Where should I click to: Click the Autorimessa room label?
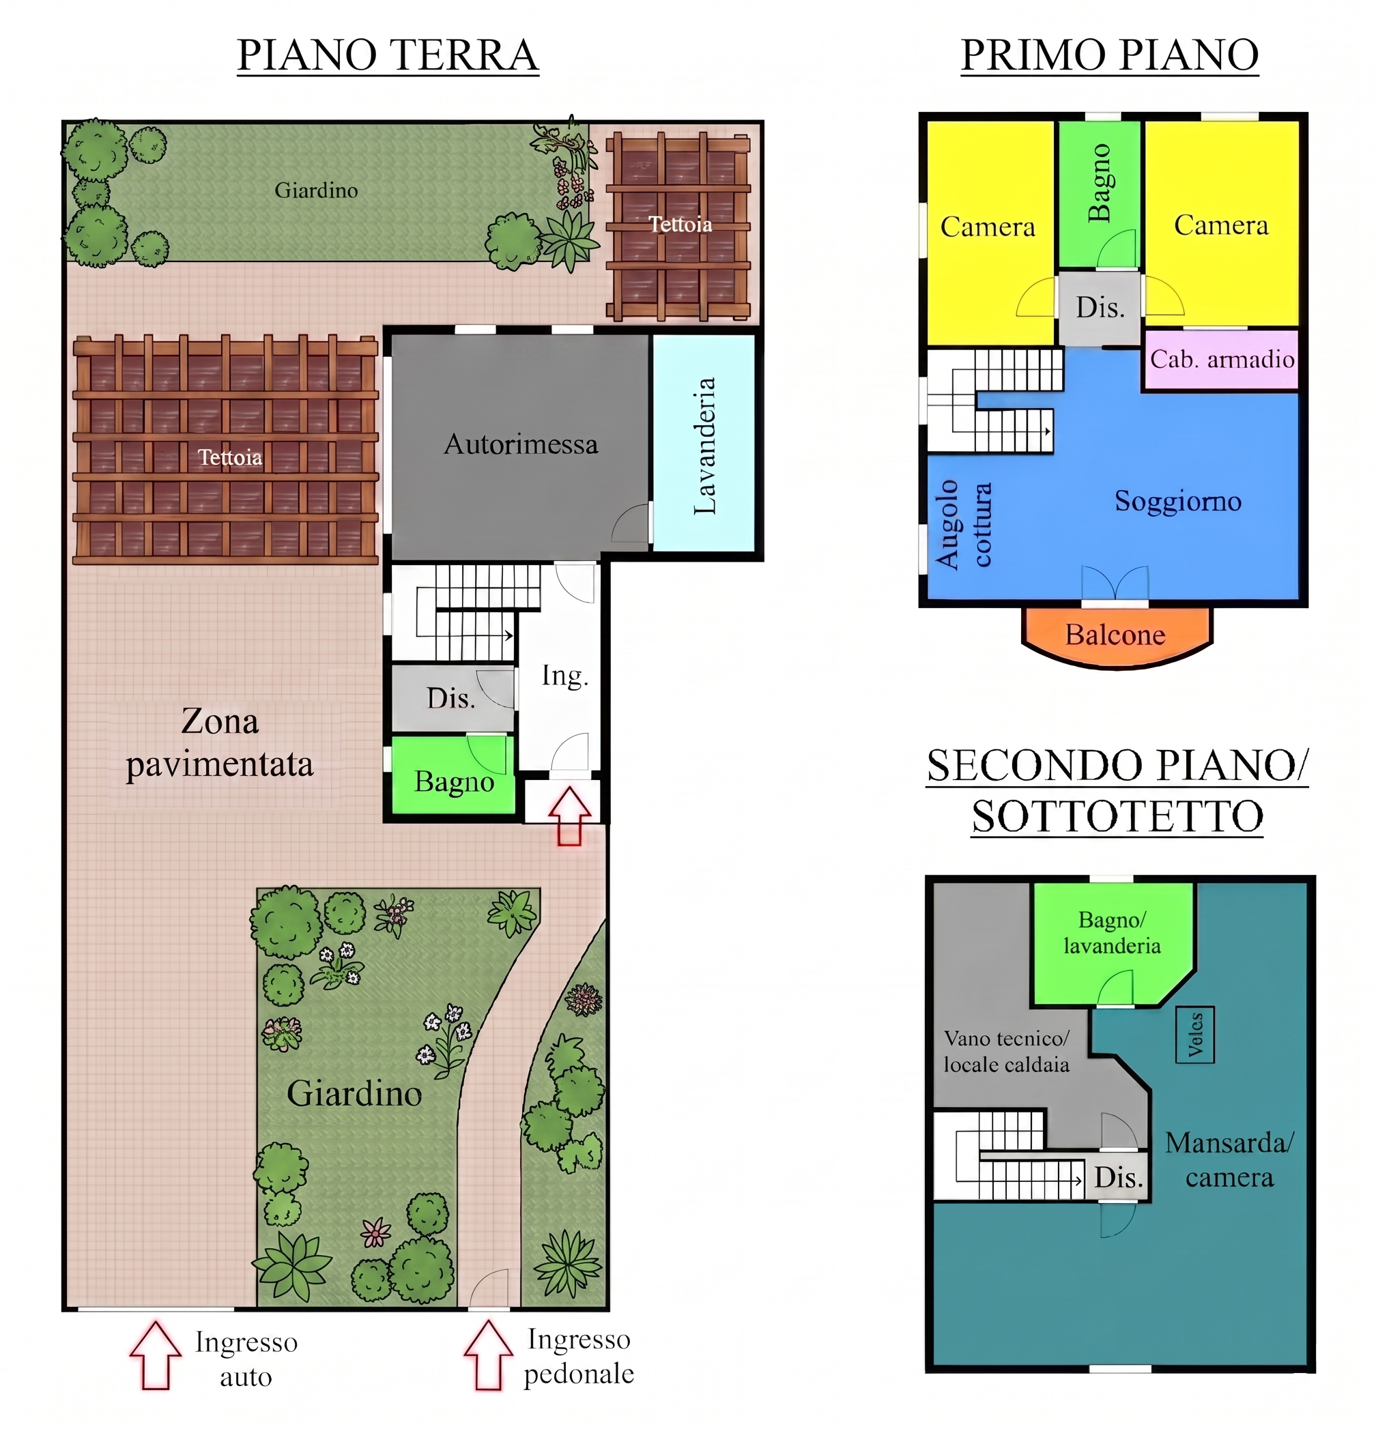pos(521,444)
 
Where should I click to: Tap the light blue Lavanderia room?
pos(703,442)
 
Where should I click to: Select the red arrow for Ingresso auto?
pos(156,1354)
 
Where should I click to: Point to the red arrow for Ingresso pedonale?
pos(488,1354)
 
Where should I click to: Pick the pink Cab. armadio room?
pos(1222,360)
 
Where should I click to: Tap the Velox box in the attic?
pos(1194,1035)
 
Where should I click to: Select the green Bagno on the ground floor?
pos(454,775)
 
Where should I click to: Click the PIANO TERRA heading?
pos(388,55)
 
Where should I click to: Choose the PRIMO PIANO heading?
pos(1109,55)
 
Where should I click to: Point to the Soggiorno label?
pos(1177,502)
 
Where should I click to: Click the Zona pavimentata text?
pos(220,743)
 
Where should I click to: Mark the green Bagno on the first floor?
pos(1100,194)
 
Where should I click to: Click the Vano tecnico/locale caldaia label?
pos(1006,1052)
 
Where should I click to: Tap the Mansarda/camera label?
pos(1229,1160)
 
